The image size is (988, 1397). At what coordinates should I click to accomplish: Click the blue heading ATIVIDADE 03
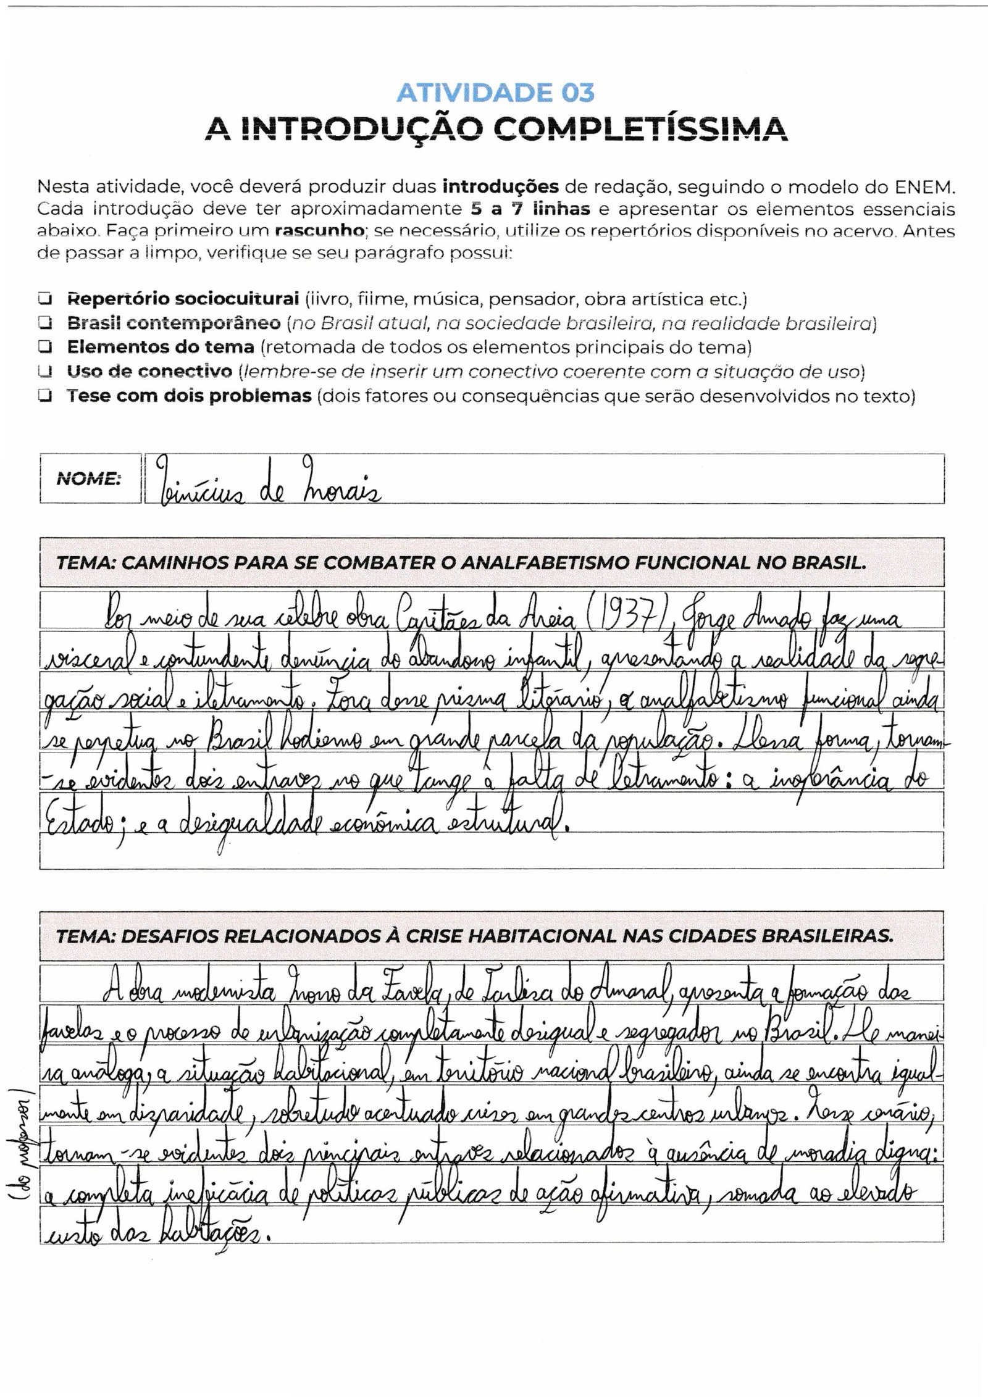[495, 93]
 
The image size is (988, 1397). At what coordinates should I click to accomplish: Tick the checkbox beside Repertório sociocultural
[44, 299]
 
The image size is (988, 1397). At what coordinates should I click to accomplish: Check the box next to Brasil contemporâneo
[44, 323]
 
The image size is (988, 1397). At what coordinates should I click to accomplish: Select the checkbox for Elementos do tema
[44, 348]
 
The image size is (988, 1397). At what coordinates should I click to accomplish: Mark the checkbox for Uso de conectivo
[44, 372]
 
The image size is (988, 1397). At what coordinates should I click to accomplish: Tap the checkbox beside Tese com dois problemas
[44, 396]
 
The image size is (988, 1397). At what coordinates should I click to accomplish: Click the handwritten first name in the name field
[196, 486]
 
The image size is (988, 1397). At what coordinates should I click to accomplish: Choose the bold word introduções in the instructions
[501, 186]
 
